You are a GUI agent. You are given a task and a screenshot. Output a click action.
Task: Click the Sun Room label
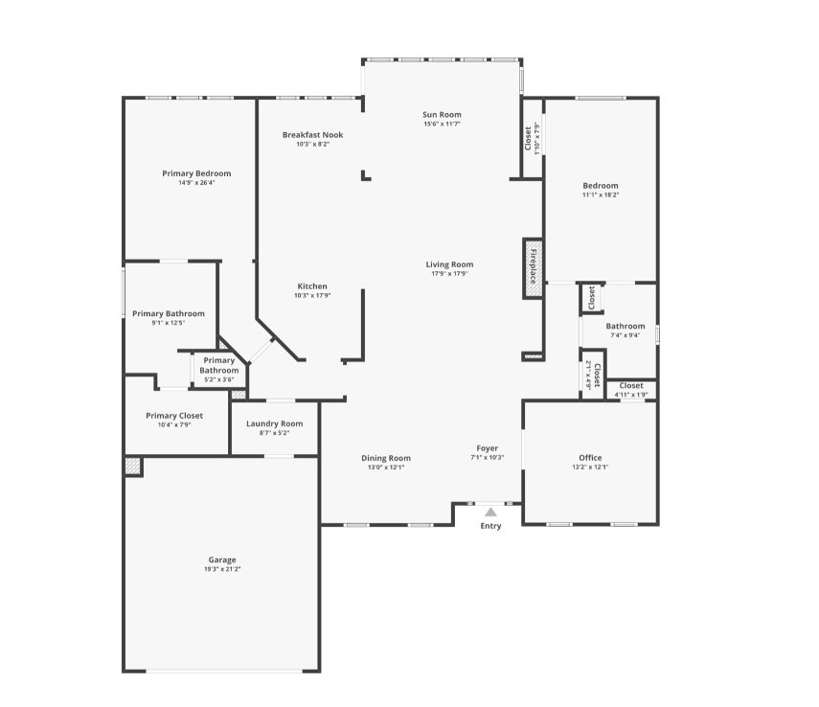(443, 114)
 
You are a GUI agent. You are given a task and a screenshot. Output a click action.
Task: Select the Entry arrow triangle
(490, 513)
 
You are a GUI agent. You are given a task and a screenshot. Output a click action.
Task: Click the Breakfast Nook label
(312, 135)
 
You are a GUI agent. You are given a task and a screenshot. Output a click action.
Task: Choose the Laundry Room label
(274, 423)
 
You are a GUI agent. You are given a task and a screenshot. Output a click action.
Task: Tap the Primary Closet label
(174, 416)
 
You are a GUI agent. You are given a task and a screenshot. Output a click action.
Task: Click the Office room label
(590, 458)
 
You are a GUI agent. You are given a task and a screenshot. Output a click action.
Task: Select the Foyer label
(488, 448)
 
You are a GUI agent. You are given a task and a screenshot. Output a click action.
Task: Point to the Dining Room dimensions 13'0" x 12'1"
(386, 468)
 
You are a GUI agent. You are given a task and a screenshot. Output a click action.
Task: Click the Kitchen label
(312, 286)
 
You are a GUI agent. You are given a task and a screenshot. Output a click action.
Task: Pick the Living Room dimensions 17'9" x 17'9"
(449, 274)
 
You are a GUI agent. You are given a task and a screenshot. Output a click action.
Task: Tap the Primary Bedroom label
(196, 173)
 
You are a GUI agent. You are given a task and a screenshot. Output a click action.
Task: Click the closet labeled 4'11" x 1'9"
(631, 386)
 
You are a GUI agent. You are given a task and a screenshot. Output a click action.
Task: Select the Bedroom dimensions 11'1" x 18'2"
(601, 194)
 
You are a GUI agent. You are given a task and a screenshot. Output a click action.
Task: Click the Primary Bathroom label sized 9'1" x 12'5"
(169, 313)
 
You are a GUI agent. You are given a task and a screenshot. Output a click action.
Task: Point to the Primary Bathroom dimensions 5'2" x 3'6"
(218, 379)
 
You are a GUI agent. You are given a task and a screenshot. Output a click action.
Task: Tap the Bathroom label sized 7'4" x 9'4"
(626, 326)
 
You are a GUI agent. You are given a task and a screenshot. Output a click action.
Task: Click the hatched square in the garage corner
(132, 466)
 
